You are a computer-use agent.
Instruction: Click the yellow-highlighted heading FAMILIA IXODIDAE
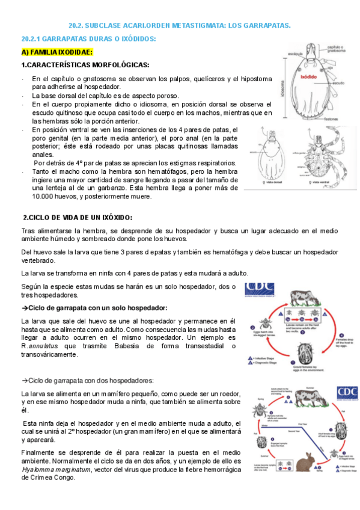[x=57, y=52]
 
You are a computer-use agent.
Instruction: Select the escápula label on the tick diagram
[x=295, y=53]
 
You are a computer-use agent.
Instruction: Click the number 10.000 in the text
[x=46, y=196]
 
